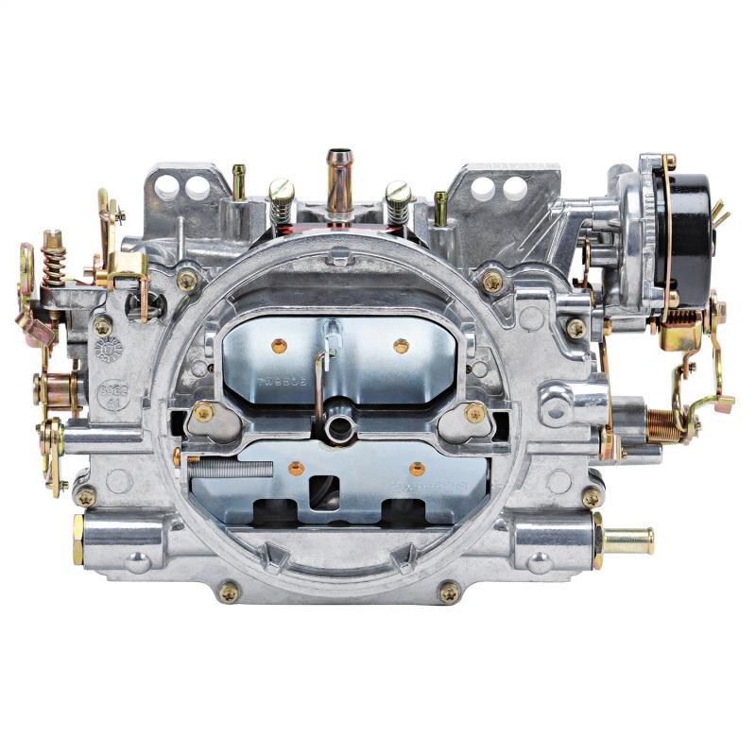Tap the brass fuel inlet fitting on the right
[x=627, y=541]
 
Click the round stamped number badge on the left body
[x=109, y=350]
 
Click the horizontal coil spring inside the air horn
[x=232, y=465]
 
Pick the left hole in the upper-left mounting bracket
[x=167, y=188]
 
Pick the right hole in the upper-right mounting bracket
[x=516, y=188]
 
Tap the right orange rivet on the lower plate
[x=416, y=468]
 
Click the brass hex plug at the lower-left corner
[x=77, y=539]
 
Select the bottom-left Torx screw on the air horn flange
[x=229, y=593]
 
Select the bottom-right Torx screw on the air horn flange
[x=449, y=593]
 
